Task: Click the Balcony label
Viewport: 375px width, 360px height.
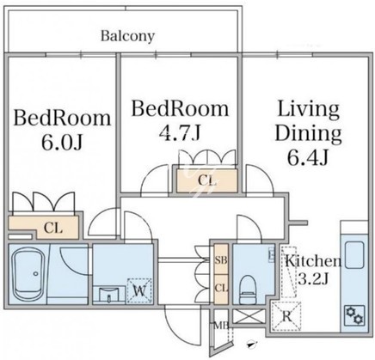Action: click(127, 36)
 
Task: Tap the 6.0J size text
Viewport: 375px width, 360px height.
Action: click(62, 142)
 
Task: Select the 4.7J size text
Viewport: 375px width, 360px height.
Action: click(180, 133)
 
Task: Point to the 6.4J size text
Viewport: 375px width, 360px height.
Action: click(308, 157)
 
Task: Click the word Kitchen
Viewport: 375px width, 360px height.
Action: click(313, 261)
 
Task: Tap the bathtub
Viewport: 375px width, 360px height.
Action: click(28, 273)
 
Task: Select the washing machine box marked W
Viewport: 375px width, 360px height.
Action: click(139, 290)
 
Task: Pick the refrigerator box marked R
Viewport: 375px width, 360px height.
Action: click(286, 316)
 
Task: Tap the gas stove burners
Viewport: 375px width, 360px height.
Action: click(354, 315)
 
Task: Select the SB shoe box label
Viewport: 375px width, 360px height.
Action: click(221, 260)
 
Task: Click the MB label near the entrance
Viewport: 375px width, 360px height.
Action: click(221, 326)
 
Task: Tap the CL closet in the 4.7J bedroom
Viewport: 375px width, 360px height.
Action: click(207, 180)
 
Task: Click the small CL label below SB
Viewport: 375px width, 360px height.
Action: click(221, 289)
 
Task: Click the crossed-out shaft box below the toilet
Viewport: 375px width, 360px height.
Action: click(248, 317)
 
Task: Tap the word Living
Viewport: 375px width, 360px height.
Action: click(309, 109)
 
